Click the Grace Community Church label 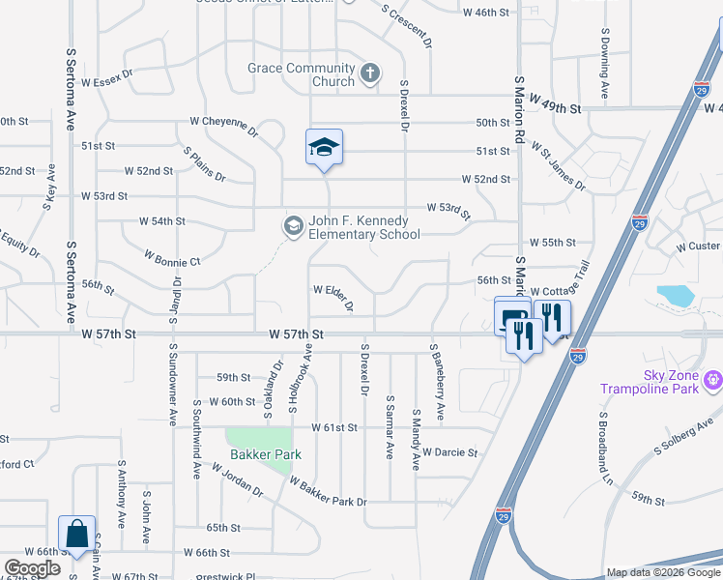(301, 74)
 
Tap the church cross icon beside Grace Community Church (369, 73)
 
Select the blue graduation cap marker (325, 148)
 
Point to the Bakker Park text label (266, 454)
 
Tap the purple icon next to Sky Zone (714, 380)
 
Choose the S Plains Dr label (204, 164)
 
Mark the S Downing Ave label (604, 64)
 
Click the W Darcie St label (450, 451)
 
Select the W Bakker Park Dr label (329, 493)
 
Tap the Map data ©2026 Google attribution (662, 572)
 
